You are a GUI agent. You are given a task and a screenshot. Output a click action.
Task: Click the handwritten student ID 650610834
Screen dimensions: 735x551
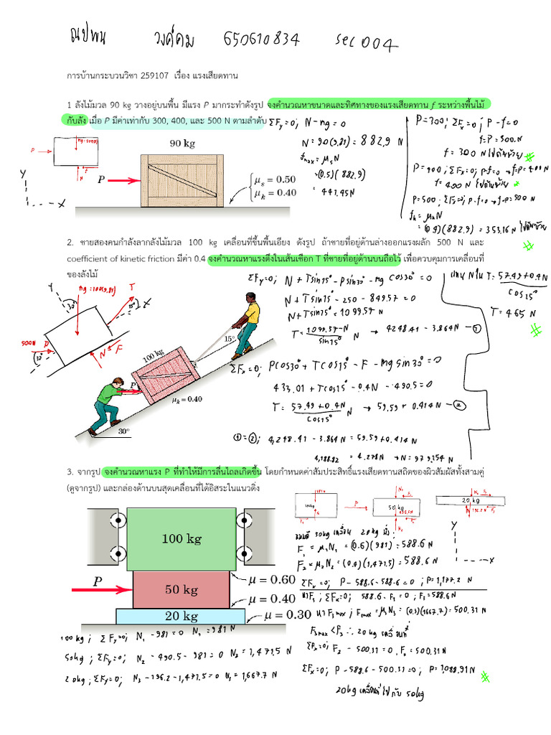[262, 39]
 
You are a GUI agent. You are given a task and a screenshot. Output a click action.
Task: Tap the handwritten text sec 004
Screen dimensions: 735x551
[367, 42]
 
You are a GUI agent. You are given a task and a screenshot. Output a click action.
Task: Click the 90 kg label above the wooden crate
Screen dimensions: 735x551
[182, 143]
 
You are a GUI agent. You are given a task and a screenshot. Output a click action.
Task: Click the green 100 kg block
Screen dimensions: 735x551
[182, 538]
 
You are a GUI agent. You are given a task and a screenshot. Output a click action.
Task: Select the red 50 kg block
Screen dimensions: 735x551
[182, 589]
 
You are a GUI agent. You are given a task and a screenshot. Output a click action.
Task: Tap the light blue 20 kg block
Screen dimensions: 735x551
[182, 617]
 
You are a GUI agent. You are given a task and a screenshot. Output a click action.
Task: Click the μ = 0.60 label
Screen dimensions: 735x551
[274, 579]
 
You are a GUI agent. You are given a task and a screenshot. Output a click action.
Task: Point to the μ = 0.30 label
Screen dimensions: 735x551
[288, 614]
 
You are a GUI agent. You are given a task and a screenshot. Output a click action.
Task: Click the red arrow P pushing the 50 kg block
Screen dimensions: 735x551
[100, 589]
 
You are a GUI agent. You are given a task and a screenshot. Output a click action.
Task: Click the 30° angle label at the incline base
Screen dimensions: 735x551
[125, 431]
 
